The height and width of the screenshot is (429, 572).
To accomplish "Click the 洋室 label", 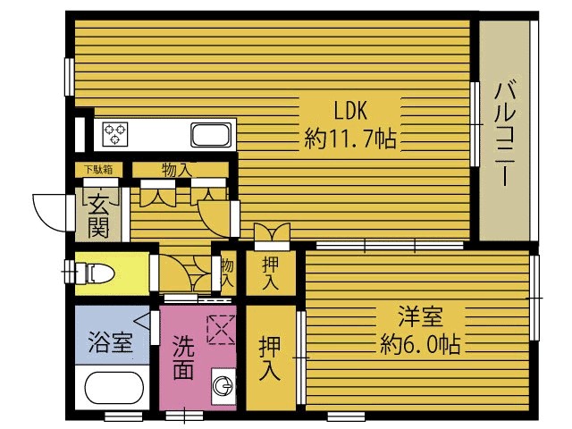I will point(419,315).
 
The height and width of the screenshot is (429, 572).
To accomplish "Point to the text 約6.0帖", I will point(419,343).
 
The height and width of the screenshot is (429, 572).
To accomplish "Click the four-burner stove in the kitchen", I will point(116,134).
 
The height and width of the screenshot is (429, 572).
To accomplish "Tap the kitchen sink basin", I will point(211,136).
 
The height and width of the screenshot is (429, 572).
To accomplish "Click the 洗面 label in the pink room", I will point(182,356).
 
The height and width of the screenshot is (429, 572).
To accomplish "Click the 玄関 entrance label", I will point(98,216).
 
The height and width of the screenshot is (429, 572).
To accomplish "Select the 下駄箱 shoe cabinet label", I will point(97,169).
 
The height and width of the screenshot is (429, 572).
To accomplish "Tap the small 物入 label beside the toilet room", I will point(227,272).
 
